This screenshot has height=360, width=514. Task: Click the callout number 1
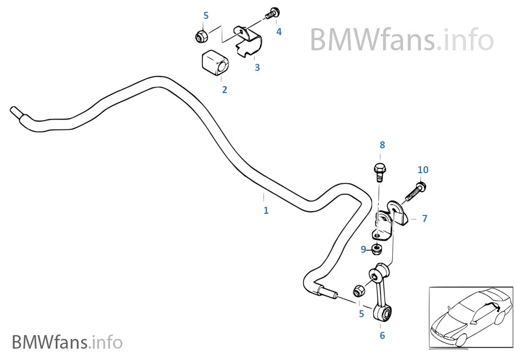[x=266, y=211]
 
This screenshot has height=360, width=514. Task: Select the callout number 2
[x=225, y=90]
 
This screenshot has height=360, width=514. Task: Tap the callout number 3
[x=258, y=68]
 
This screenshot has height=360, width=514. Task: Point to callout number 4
[x=279, y=32]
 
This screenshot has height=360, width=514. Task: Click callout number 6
[x=382, y=336]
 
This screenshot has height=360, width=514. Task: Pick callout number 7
[x=425, y=219]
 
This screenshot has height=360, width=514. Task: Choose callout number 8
[x=382, y=145]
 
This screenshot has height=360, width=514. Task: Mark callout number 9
[x=364, y=250]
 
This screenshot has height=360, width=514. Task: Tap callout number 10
[x=423, y=170]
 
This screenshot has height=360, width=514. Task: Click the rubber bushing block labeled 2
[x=215, y=63]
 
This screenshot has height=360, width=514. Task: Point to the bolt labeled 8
[x=380, y=171]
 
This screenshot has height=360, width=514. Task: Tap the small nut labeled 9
[x=378, y=249]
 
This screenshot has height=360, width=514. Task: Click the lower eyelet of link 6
[x=385, y=312]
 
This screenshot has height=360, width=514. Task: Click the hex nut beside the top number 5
[x=202, y=36]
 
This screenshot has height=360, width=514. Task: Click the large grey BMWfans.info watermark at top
[x=401, y=40]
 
